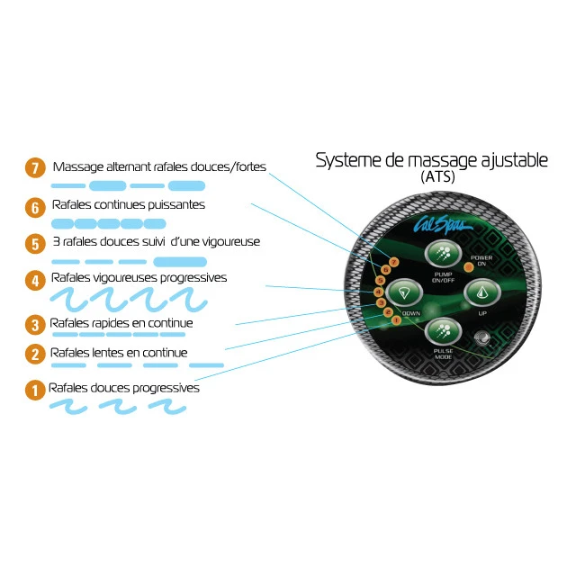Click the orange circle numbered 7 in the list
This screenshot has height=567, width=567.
point(35,168)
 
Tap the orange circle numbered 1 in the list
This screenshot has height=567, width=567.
point(35,391)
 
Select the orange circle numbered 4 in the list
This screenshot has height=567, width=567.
point(35,281)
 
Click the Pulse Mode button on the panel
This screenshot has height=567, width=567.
point(443,331)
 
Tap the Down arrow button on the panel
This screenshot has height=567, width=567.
point(404,292)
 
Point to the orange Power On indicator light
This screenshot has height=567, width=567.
point(468,267)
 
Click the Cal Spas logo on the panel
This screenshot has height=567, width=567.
point(442,224)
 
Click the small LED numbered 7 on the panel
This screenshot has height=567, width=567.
point(394,262)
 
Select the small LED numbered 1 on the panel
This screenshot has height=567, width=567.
point(396,320)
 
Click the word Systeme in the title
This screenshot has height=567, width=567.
point(348,160)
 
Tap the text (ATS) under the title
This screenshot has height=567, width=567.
point(437,176)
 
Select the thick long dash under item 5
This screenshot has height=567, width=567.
point(180,262)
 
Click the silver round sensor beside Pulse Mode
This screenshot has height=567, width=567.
point(482,337)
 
